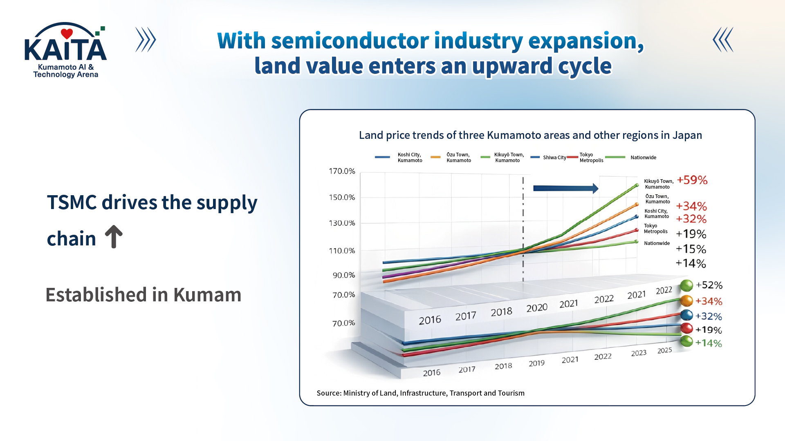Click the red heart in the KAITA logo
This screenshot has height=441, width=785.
click(x=67, y=33)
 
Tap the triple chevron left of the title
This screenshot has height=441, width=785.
click(x=146, y=40)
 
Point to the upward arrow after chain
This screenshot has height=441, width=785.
click(x=114, y=237)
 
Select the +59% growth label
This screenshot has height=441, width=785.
click(x=692, y=180)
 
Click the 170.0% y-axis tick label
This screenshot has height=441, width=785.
click(x=342, y=171)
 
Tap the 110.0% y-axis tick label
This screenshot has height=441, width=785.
click(x=342, y=251)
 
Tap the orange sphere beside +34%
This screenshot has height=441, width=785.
click(x=686, y=301)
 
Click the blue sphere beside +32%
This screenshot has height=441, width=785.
click(x=686, y=315)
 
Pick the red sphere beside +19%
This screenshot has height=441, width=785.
click(x=686, y=328)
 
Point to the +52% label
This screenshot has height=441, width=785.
click(x=709, y=285)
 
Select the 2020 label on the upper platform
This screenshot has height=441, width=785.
click(x=536, y=308)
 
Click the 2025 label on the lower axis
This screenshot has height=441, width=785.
click(x=664, y=350)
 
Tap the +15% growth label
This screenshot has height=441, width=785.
click(x=691, y=249)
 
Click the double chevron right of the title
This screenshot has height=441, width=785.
click(x=723, y=40)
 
